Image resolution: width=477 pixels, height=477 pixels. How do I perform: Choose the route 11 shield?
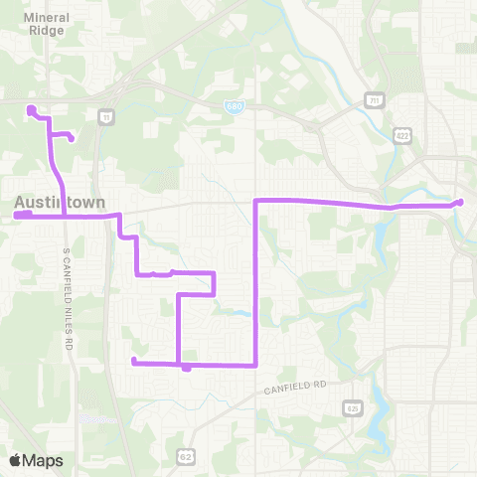[105, 116]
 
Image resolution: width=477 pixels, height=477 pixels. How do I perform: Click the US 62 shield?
[186, 456]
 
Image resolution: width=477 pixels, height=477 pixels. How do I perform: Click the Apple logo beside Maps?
[16, 459]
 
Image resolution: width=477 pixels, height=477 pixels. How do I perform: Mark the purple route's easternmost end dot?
[460, 203]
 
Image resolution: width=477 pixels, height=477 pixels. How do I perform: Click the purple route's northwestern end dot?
[31, 109]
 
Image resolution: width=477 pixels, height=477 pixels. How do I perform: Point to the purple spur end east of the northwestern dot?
[72, 138]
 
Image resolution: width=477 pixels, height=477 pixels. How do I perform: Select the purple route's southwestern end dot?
[133, 361]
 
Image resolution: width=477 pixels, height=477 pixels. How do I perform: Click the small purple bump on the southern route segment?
[187, 369]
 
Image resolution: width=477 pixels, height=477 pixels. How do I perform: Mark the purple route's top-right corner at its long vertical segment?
[257, 201]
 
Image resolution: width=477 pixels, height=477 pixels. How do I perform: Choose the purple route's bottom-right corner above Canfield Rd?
[257, 365]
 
